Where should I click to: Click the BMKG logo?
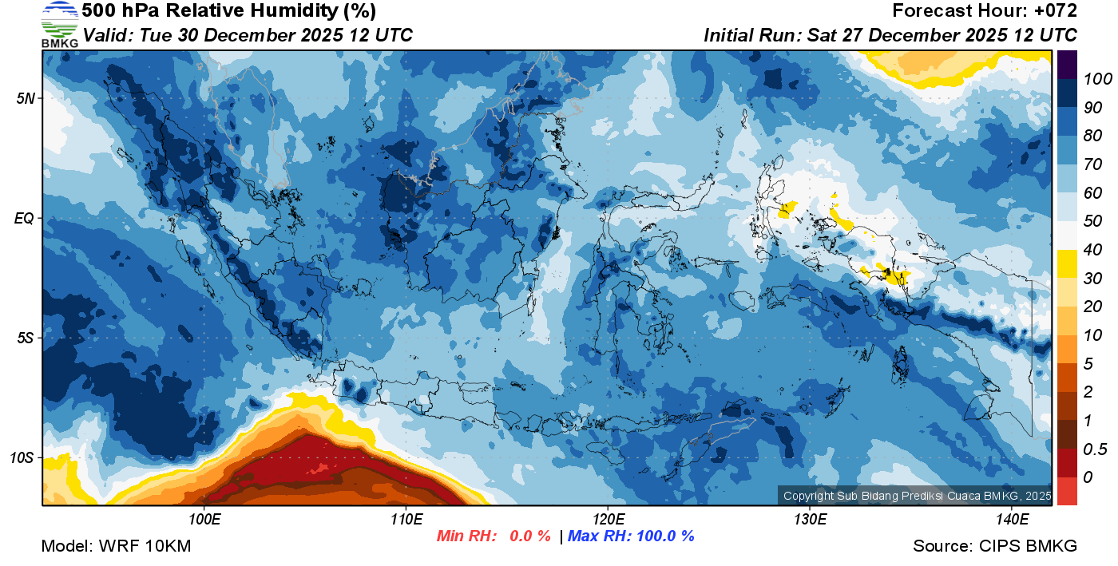coord(59,25)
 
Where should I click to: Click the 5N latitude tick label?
coord(26,98)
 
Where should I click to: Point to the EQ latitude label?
coord(25,218)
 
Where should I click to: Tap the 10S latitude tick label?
coord(23,458)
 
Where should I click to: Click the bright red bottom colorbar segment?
coord(1067,490)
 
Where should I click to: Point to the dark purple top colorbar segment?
coord(1067,63)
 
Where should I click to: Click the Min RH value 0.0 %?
coord(523,536)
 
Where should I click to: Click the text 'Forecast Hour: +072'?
coord(985,11)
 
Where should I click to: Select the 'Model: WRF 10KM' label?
coord(116,546)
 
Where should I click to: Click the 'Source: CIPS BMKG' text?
coord(995,546)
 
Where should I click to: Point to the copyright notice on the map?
coord(917,496)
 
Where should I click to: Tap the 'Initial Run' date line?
coord(890,35)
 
